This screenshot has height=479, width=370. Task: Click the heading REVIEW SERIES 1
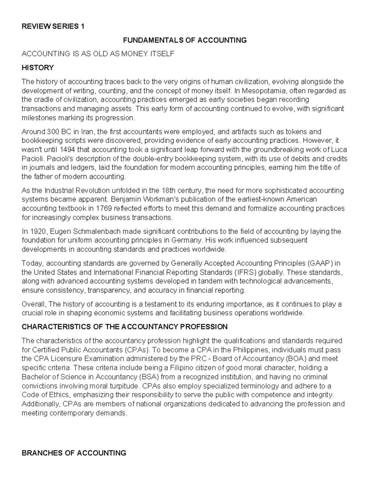[x=53, y=26]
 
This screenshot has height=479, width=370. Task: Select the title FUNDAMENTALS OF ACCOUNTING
[x=185, y=40]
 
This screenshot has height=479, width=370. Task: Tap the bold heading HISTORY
[x=38, y=68]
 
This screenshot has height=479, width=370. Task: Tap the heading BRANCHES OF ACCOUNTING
[x=74, y=453]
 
